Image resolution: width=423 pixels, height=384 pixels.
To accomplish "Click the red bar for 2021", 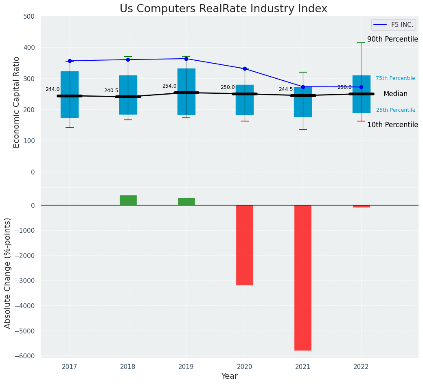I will [x=303, y=278].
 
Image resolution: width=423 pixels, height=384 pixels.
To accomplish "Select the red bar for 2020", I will [x=245, y=245].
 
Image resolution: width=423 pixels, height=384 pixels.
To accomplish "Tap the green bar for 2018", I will [x=128, y=200].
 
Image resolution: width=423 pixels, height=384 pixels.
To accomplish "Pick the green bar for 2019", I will [x=186, y=201].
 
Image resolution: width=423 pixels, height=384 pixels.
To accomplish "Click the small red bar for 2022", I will [x=361, y=206].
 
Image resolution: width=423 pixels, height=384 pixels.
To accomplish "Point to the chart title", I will [x=223, y=9].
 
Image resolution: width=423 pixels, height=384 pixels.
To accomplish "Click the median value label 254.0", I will [x=169, y=86].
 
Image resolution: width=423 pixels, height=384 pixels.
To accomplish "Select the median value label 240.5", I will [x=111, y=90].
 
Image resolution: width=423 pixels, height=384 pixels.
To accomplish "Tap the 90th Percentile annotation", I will [x=392, y=40].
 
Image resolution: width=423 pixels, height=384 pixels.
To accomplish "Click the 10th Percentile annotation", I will [x=392, y=125].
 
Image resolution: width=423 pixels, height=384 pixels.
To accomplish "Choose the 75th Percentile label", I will [x=395, y=78].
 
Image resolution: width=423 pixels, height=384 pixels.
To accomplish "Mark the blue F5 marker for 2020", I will [x=245, y=68].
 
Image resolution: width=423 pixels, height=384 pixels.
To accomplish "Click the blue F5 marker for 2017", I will [x=70, y=61].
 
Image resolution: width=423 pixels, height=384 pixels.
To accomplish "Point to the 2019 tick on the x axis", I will [x=186, y=367].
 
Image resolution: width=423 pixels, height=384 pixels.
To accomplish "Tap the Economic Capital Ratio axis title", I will [x=17, y=102].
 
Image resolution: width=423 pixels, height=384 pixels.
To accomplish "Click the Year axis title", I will [x=229, y=376].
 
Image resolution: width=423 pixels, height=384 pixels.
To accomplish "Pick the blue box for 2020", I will [x=245, y=100].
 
